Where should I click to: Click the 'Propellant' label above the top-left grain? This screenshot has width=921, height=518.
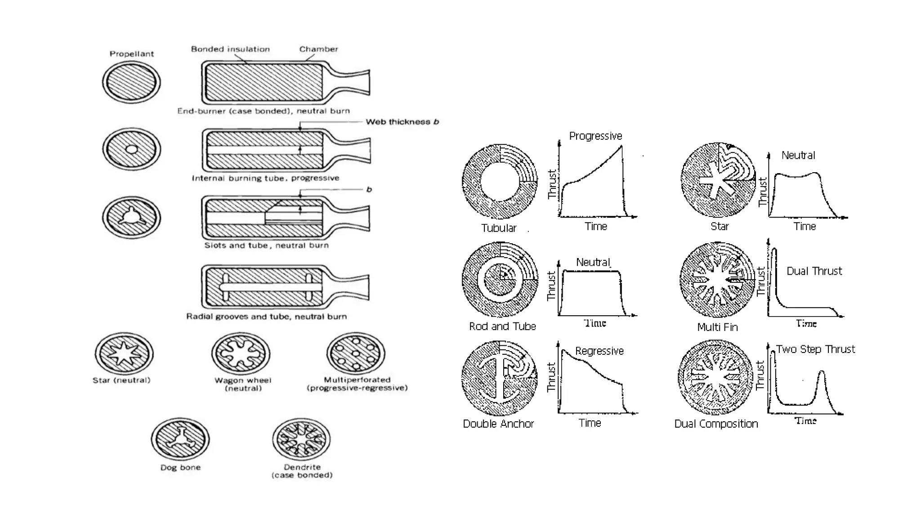tap(132, 54)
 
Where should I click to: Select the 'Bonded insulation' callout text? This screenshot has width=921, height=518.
tap(230, 49)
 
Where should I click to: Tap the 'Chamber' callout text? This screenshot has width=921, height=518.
tap(318, 49)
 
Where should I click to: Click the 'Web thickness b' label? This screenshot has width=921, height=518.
tap(402, 122)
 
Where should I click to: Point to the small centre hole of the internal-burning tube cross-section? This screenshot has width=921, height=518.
tap(131, 149)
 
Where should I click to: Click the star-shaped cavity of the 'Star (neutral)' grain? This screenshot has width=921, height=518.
tap(124, 353)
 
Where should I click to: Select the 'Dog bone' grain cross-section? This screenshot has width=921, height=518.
tap(180, 439)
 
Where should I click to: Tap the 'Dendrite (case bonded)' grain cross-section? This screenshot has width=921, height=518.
tap(301, 439)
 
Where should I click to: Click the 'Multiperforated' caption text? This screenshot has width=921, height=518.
tap(357, 380)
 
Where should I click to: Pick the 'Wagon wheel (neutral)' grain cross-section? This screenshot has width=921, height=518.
tap(241, 353)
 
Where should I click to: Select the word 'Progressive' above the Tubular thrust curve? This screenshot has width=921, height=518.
tap(595, 136)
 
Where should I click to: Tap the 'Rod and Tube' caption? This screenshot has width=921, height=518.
tap(502, 326)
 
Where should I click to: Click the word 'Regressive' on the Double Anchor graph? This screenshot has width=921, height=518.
tap(599, 351)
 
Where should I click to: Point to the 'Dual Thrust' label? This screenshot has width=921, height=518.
tap(814, 271)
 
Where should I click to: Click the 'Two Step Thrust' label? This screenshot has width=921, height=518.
tap(815, 349)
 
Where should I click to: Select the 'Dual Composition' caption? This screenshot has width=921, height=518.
tap(716, 424)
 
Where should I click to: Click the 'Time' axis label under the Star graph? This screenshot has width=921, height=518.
tap(804, 227)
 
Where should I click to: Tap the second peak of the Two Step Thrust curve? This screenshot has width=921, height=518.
tap(822, 373)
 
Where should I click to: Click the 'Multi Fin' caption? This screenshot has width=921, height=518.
tap(717, 327)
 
